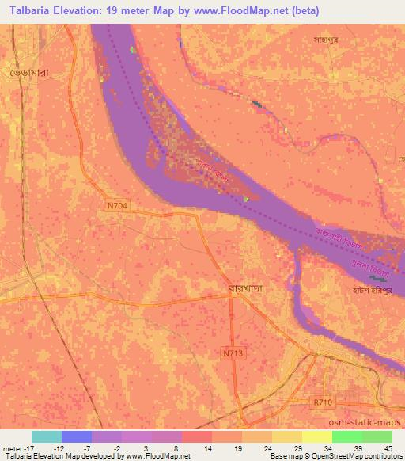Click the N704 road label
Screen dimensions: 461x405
(116, 205)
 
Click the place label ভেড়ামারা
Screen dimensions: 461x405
(31, 72)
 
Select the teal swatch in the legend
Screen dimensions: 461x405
(47, 436)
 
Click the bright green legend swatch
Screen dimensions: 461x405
(347, 436)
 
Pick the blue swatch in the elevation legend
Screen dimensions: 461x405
(77, 436)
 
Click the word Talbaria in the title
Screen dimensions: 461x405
(26, 10)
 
